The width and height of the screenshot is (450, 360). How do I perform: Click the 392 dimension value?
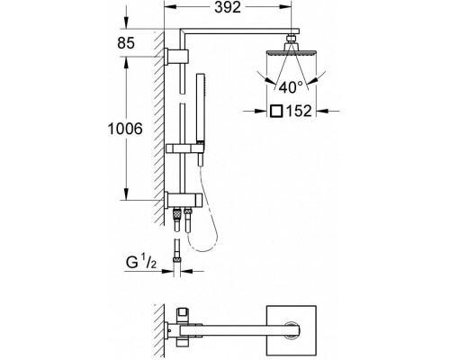point(228,7)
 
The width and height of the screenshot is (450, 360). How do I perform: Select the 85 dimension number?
point(126,43)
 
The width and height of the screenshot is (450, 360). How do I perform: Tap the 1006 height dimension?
point(125,129)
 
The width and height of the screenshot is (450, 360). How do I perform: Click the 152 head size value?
point(299,111)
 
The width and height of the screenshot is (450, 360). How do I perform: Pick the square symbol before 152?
point(276,111)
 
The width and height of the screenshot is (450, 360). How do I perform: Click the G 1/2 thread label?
point(141,263)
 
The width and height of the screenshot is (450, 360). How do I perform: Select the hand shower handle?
point(200,107)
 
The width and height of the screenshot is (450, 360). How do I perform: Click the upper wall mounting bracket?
point(176,57)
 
